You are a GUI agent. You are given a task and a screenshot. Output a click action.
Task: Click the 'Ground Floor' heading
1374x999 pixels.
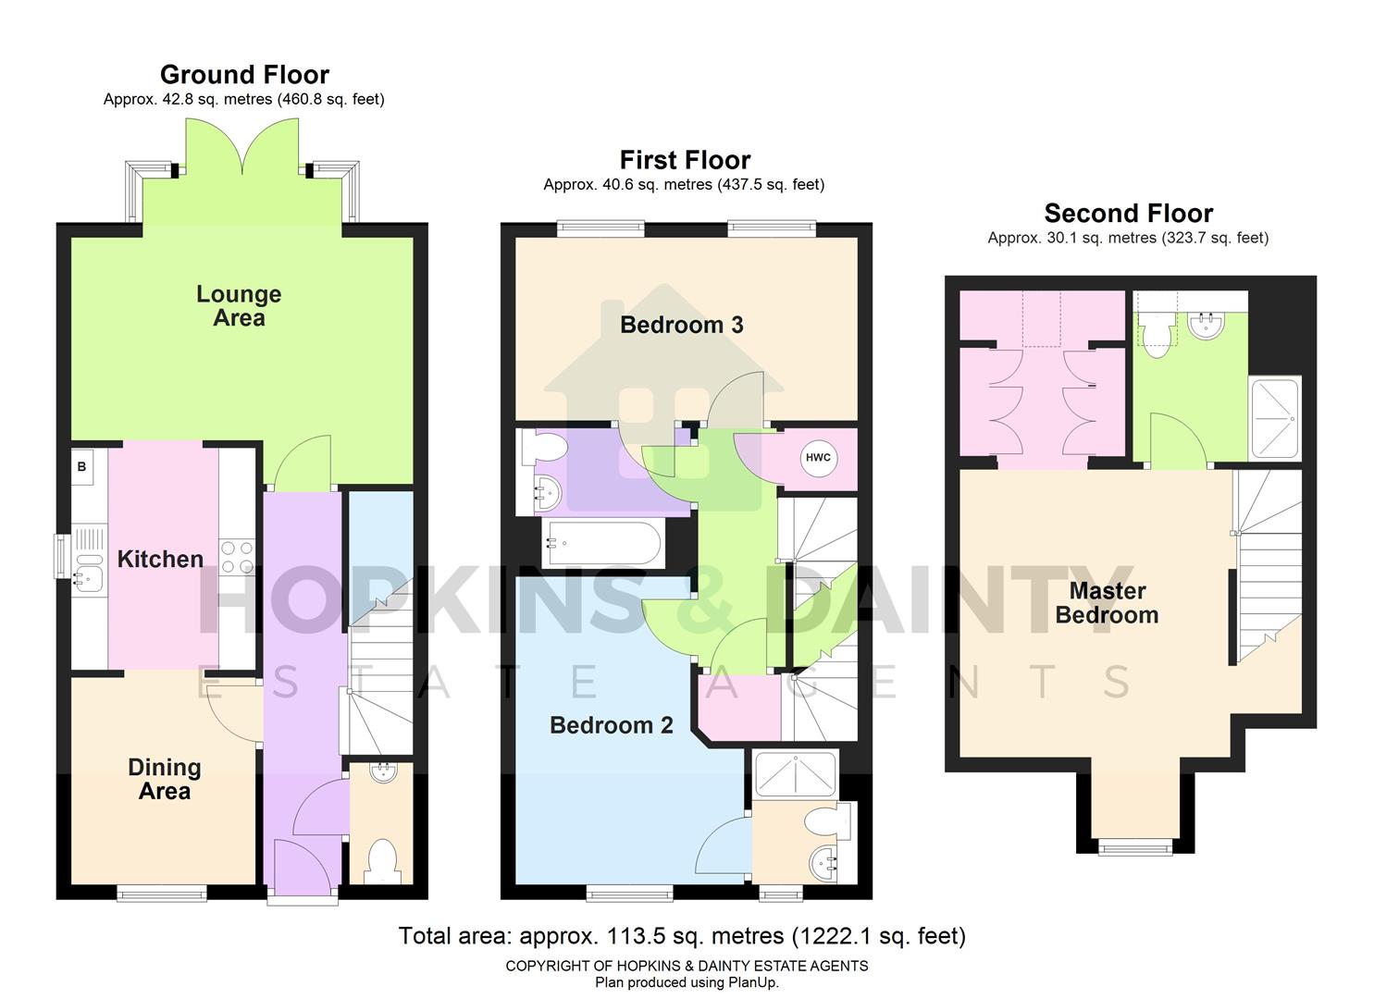pos(244,74)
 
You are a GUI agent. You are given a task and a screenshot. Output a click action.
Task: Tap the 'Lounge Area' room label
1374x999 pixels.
pos(239,306)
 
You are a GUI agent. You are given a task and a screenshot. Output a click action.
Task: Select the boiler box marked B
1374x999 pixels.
pos(82,467)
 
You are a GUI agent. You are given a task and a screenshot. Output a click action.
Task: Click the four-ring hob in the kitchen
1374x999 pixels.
pos(236,558)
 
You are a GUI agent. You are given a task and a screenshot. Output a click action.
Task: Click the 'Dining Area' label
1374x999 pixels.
pos(165,779)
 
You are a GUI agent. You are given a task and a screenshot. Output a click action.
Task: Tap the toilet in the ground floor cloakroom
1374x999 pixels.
pos(381,859)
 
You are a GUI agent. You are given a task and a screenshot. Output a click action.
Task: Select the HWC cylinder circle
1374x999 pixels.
pos(818,458)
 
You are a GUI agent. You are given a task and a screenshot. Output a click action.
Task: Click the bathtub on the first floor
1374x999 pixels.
pos(602,543)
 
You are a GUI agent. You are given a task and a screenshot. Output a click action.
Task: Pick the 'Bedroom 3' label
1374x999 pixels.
pos(681,325)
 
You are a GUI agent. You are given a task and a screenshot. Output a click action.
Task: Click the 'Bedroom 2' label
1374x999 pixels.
pos(611,725)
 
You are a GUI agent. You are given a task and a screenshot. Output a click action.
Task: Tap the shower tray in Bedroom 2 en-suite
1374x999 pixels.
pos(796,773)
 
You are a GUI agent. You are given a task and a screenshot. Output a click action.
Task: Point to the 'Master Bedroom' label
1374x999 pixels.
pos(1107,603)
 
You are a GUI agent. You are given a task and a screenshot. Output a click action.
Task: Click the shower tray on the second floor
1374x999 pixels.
pos(1275,418)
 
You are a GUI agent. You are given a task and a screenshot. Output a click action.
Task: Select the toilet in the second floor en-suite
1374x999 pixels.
pos(1155,334)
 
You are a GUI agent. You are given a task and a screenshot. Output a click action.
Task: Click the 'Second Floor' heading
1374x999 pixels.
pos(1128,213)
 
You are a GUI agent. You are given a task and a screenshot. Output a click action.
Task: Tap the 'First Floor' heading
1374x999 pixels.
pos(685,160)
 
